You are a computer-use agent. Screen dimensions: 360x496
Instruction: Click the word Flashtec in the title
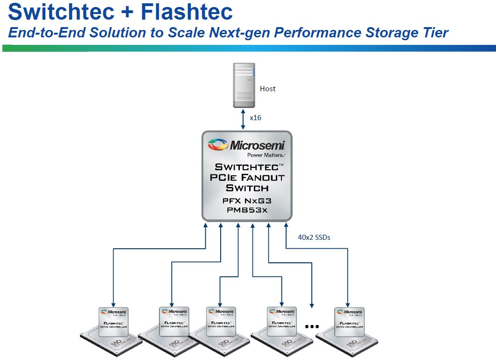[x=187, y=12]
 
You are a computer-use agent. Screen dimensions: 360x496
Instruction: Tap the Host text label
[x=268, y=89]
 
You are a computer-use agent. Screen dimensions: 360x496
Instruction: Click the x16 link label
[x=255, y=118]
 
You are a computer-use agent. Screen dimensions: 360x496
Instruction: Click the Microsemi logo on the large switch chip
[x=248, y=145]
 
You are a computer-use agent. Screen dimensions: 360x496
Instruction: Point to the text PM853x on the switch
[x=248, y=210]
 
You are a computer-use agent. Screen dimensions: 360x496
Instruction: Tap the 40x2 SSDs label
[x=314, y=237]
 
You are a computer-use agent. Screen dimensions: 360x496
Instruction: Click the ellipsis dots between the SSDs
[x=311, y=326]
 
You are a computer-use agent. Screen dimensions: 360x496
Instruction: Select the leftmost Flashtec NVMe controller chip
[x=114, y=323]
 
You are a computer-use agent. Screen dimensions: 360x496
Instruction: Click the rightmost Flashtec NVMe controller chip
[x=349, y=323]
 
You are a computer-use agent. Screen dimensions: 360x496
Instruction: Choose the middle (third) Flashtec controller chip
[x=221, y=323]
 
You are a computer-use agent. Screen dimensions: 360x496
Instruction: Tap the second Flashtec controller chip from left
[x=173, y=323]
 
